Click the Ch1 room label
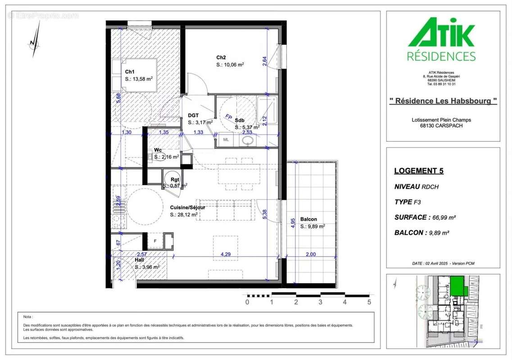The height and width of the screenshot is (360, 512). pos(130,72)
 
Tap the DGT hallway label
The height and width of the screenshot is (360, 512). pos(193,115)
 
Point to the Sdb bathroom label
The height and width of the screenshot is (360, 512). pos(239,120)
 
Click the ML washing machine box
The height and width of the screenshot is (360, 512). pos(226,140)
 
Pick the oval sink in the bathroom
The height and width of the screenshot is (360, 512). pos(248,140)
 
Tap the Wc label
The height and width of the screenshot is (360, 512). pos(158,149)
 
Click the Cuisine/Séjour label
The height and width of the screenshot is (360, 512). pos(187,207)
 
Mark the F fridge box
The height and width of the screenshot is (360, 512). pos(155,240)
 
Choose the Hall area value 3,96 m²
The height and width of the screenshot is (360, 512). pos(150,267)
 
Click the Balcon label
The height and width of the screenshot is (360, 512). pos(308,219)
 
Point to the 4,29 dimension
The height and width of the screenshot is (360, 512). pos(225,254)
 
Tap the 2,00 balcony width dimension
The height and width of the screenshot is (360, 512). pos(310,254)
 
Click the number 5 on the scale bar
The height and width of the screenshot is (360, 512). pos(369,302)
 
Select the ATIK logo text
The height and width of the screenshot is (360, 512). pos(441,33)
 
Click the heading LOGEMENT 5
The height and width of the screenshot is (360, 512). pos(418,171)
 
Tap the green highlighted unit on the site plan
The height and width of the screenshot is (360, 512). pos(458,286)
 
